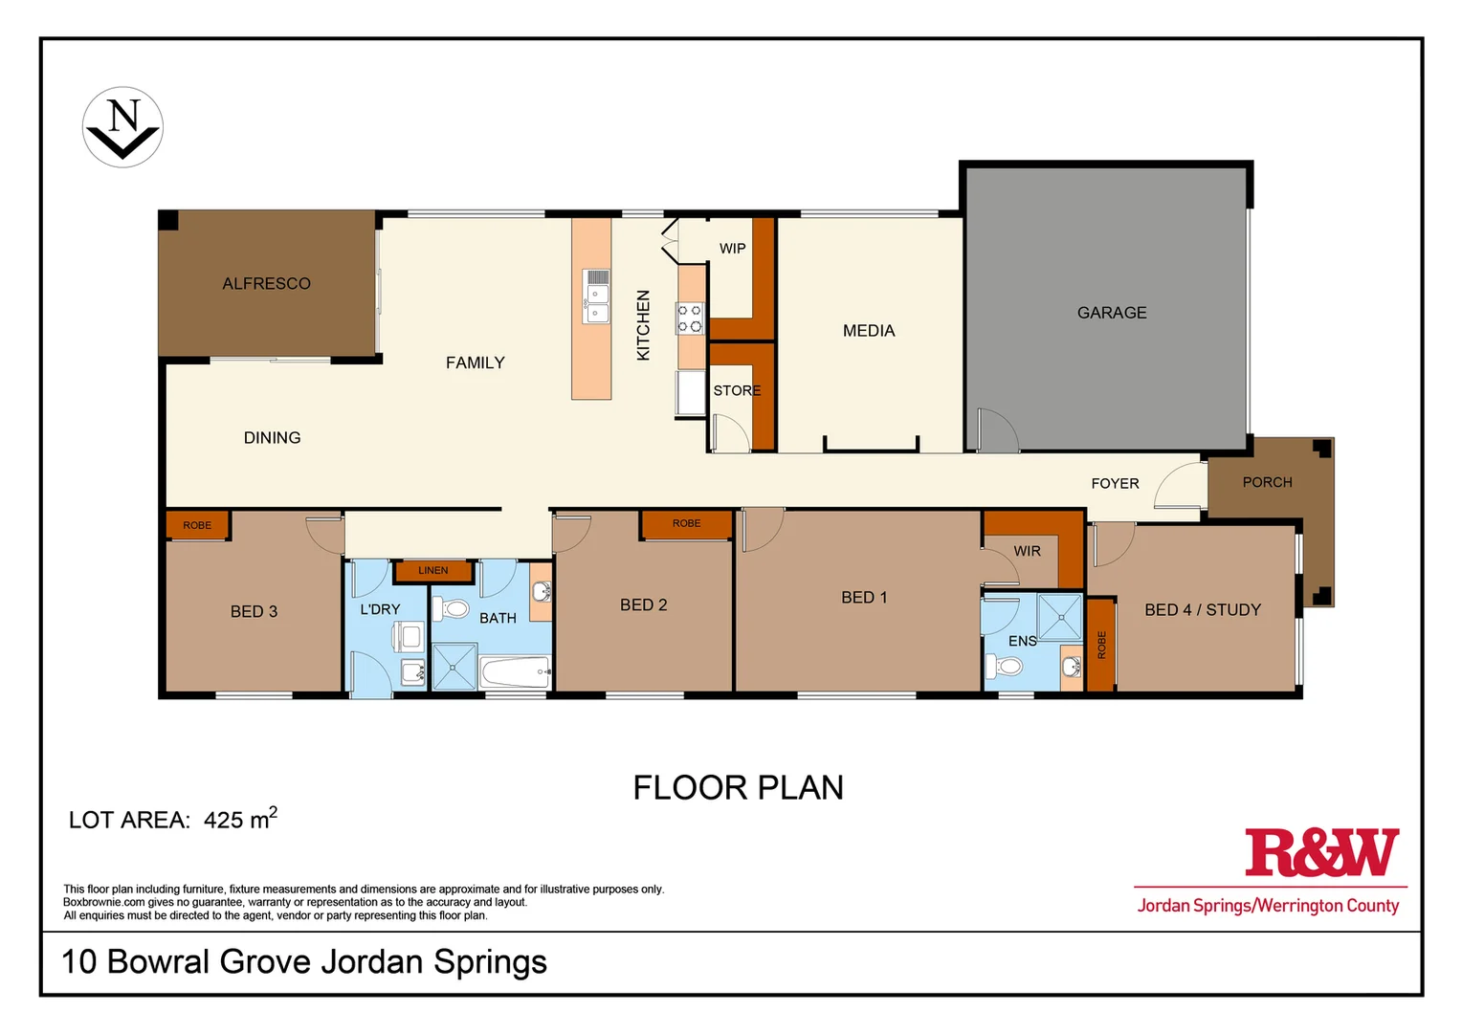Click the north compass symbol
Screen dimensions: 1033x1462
(x=122, y=127)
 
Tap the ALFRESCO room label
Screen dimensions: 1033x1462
(x=266, y=283)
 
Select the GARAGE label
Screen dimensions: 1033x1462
(x=1111, y=313)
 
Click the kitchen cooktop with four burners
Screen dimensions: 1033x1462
(x=690, y=319)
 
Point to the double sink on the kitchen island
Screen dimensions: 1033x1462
(x=596, y=297)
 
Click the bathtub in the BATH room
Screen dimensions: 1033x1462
(x=515, y=671)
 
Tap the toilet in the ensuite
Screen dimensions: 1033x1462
(x=1007, y=666)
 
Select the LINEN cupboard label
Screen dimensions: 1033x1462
(x=432, y=571)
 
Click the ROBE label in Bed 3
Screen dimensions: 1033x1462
(x=197, y=525)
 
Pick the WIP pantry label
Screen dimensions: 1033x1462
(x=732, y=249)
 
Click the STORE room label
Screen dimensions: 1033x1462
(x=737, y=390)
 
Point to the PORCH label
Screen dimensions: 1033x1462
(x=1267, y=482)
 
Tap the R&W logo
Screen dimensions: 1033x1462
(x=1321, y=853)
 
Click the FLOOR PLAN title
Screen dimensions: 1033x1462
(x=738, y=788)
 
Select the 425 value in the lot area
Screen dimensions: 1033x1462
(x=224, y=820)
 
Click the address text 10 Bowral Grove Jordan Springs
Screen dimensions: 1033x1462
(x=303, y=961)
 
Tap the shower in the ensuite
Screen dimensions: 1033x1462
(x=1059, y=617)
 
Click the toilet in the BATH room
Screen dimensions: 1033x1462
(x=451, y=608)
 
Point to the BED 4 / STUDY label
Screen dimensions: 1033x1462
(x=1202, y=609)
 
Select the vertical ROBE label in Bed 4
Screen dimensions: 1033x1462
(x=1101, y=645)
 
